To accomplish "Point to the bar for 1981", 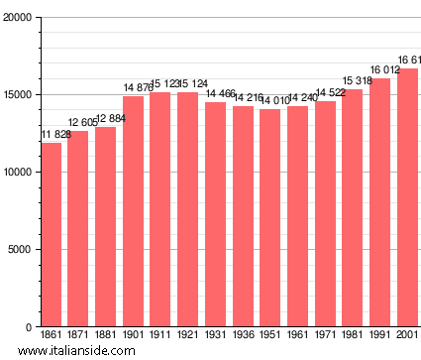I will (x=353, y=208).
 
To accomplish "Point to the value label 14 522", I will (x=327, y=92).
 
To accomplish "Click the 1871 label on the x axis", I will (x=78, y=335).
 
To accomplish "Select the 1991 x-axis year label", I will (x=380, y=335).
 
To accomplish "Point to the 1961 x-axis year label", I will (x=298, y=335).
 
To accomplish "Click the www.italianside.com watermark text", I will (x=76, y=350).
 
